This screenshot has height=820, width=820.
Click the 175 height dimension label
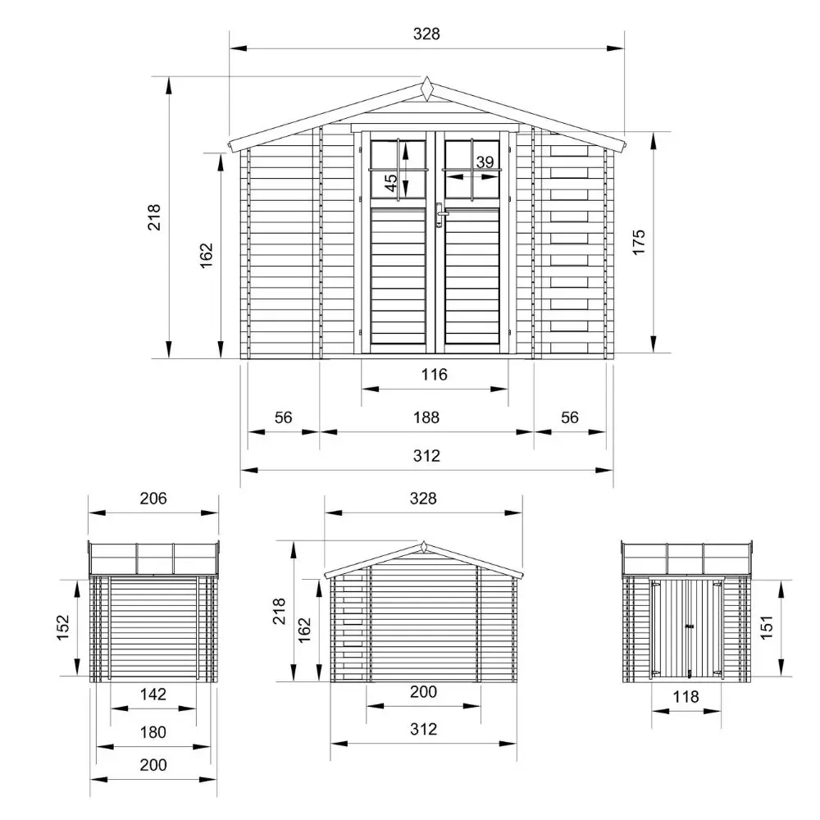pos(639,242)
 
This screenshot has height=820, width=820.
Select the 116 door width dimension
pos(435,375)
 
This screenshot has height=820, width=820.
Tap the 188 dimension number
pos(426,417)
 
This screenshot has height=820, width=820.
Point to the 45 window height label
pos(390,183)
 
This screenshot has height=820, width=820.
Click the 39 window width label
pos(485,162)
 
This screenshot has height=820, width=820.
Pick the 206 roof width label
pos(153,499)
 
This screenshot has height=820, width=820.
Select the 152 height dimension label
pos(62,627)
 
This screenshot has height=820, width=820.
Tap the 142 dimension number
pos(153,694)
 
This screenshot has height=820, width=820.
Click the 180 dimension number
pos(153,732)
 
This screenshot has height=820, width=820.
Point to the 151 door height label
pos(766,627)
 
